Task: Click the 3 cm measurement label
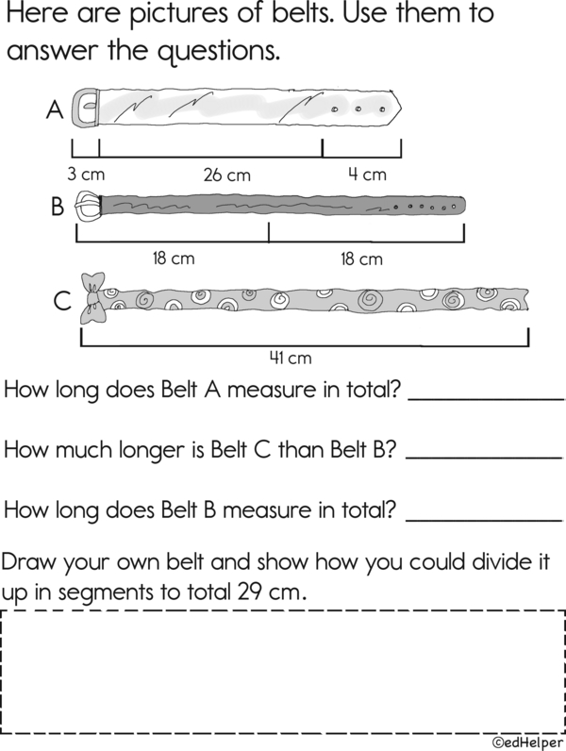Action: (x=85, y=175)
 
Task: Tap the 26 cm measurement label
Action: (x=227, y=175)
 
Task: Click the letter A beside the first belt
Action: (x=55, y=111)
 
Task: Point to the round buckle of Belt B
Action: (x=86, y=206)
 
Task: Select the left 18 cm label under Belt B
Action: (x=174, y=259)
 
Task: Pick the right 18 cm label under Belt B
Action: (x=361, y=259)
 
